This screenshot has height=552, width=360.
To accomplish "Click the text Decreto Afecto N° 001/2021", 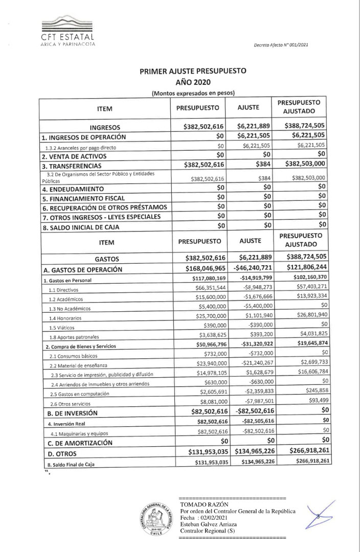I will [x=281, y=45].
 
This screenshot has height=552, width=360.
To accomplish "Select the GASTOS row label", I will [x=105, y=258].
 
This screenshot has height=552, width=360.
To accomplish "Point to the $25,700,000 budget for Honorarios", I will [x=210, y=317].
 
